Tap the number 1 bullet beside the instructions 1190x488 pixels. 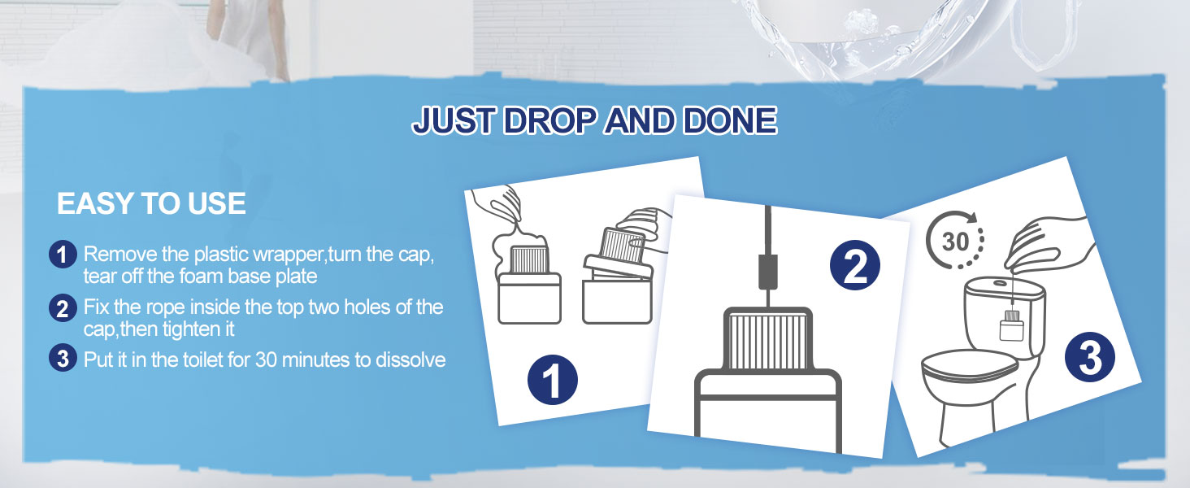63,255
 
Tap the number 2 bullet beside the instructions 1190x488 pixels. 63,308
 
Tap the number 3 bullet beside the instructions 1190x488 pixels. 63,358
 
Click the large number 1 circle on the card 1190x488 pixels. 552,380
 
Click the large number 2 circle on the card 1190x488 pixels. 855,266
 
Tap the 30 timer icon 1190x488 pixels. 954,240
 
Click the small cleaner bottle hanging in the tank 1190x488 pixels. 1011,327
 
